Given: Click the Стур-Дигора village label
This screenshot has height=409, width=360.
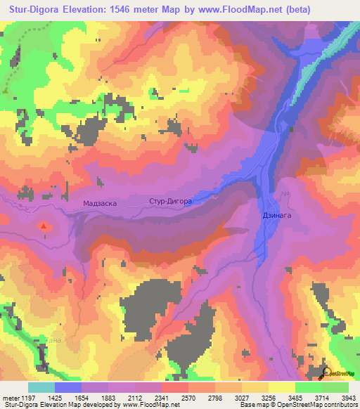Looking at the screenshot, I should click(x=170, y=201).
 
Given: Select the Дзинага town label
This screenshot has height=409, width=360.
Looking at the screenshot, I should click(x=278, y=217).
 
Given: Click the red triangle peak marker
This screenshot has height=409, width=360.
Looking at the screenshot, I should click(x=44, y=226).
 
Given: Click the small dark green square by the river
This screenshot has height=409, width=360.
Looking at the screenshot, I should click(x=290, y=129).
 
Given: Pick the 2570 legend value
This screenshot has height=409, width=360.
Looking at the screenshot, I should click(x=174, y=398).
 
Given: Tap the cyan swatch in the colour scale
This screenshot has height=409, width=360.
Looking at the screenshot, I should click(x=41, y=387).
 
